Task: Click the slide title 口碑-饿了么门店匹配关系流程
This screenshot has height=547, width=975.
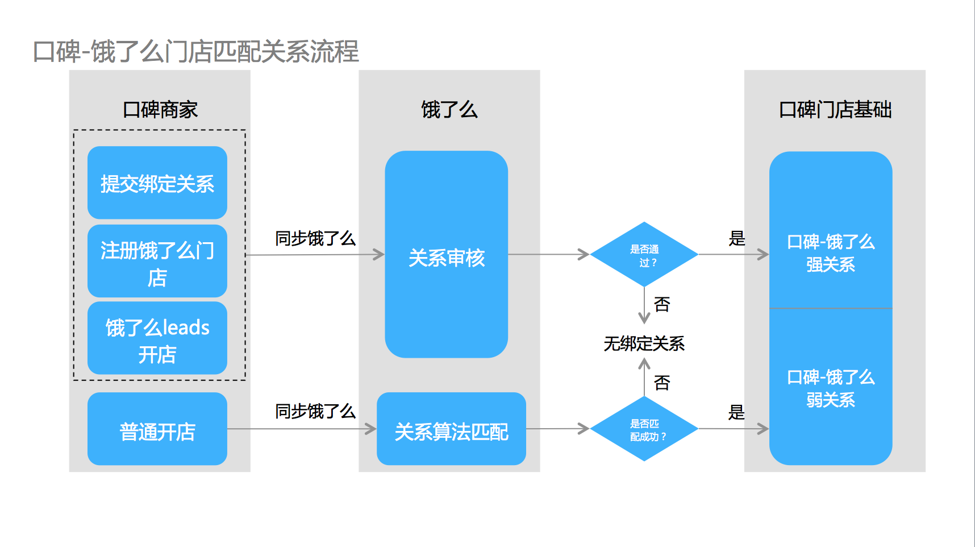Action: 196,52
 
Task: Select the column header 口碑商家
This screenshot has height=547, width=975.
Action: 160,109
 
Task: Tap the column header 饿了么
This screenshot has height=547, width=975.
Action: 449,109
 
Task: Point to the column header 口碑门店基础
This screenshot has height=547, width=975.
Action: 835,109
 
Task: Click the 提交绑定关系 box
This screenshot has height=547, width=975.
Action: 157,183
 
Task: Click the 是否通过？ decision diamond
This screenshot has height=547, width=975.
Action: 644,255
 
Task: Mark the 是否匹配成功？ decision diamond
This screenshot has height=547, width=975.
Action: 644,429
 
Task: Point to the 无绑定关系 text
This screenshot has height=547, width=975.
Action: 644,343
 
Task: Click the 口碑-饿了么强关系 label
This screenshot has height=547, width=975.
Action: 830,253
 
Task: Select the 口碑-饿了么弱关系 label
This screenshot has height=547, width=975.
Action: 830,388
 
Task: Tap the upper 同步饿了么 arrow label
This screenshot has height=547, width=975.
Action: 315,238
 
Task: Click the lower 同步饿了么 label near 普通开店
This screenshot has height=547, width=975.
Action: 315,411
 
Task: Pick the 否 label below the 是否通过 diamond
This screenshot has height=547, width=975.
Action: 662,304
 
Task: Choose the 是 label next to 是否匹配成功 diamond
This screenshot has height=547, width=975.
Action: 736,412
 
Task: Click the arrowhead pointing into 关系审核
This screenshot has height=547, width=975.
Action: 379,254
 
